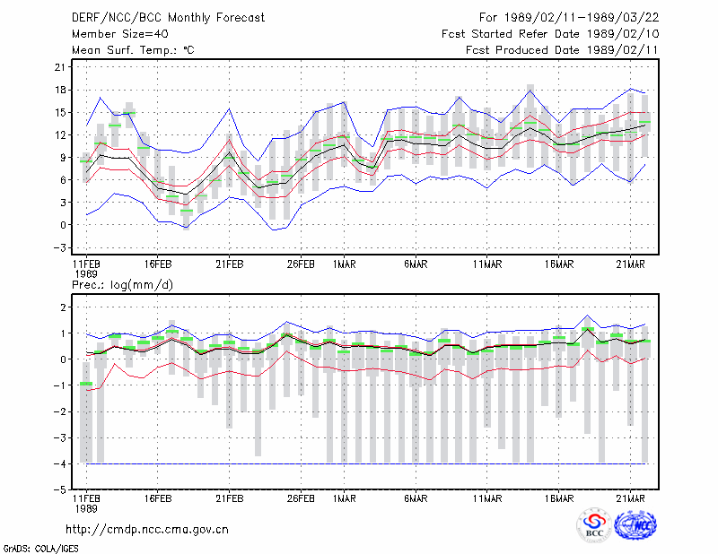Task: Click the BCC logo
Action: click(594, 524)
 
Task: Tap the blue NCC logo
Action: click(635, 524)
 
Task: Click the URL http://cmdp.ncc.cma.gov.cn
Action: click(147, 530)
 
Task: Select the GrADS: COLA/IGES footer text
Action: click(40, 549)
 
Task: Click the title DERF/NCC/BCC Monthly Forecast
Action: click(168, 18)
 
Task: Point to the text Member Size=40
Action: click(120, 34)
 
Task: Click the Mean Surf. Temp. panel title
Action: click(133, 50)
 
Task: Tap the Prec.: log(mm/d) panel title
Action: click(122, 285)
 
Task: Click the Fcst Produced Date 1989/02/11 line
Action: click(562, 50)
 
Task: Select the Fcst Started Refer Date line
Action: click(550, 34)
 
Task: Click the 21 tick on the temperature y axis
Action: click(60, 67)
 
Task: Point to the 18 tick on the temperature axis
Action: click(60, 90)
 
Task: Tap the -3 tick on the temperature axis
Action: click(60, 247)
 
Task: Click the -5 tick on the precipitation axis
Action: click(60, 490)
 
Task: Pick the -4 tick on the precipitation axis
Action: click(60, 463)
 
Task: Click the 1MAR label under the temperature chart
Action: click(344, 264)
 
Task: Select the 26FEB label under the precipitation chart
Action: click(301, 498)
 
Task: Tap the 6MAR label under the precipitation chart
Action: click(416, 498)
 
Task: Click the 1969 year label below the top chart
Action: click(86, 274)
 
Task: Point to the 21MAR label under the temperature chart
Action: click(630, 264)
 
